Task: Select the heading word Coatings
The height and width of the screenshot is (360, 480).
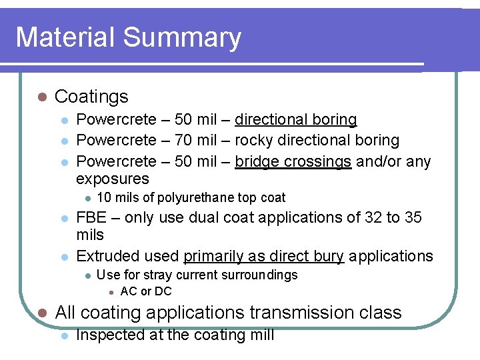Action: [x=91, y=97]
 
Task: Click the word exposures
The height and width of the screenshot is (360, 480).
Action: [x=113, y=179]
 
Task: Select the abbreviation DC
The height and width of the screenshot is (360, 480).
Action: [x=163, y=291]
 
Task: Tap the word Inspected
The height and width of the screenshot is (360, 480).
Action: [x=111, y=335]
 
